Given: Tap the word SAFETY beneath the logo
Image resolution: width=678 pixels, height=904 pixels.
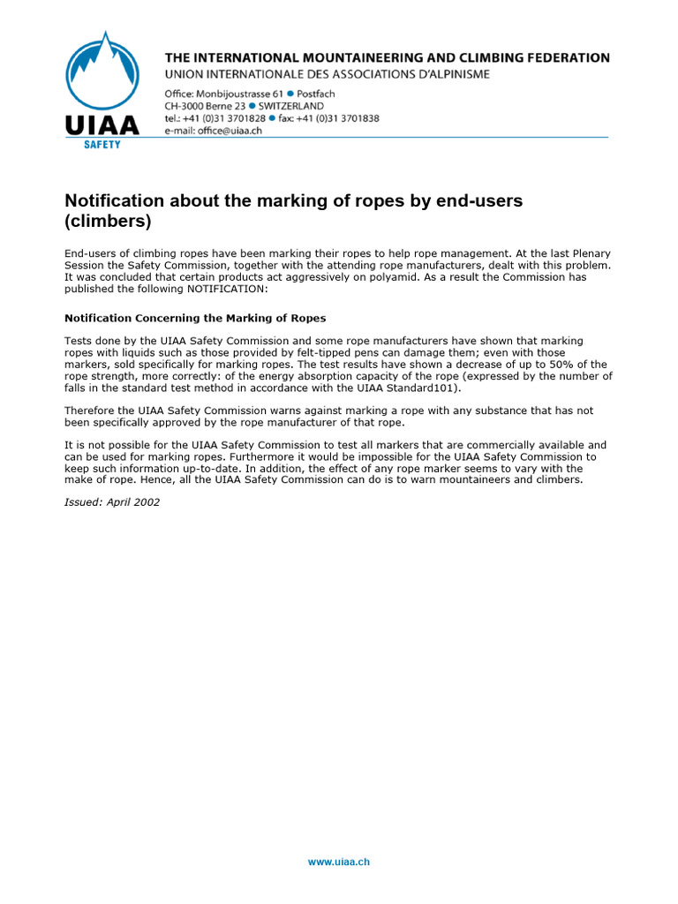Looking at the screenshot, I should (x=102, y=144).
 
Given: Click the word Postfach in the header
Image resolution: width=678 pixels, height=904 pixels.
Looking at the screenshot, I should (x=316, y=94).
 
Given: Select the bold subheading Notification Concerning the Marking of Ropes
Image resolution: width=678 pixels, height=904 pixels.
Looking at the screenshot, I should (x=195, y=318).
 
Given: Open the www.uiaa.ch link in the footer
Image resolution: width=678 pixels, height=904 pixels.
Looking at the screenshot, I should (x=338, y=862).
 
